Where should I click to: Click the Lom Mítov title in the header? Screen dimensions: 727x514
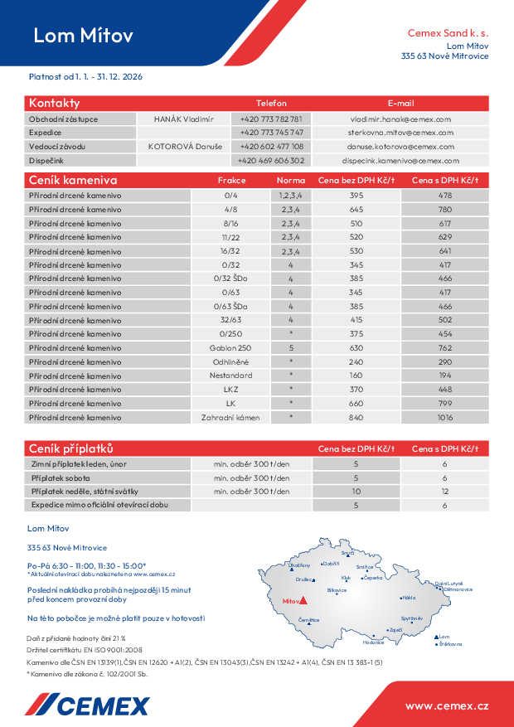click(83, 36)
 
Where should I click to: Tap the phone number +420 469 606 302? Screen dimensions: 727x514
click(271, 161)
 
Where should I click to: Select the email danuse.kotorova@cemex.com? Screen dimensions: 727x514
click(399, 147)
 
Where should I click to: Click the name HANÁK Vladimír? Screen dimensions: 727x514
click(183, 119)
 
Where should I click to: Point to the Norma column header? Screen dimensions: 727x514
click(290, 181)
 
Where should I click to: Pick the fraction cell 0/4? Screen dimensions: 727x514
click(230, 196)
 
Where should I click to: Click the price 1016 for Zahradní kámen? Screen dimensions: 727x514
click(445, 418)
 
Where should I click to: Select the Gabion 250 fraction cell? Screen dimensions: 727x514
click(230, 348)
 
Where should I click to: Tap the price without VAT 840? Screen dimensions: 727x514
click(356, 418)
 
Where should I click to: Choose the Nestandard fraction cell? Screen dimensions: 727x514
click(230, 376)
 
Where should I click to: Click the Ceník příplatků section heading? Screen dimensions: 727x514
click(70, 448)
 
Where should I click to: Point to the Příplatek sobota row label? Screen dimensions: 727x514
click(61, 478)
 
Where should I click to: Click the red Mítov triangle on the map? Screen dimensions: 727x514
click(303, 600)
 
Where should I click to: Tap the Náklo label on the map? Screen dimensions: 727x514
click(408, 598)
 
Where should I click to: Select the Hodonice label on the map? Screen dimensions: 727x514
click(373, 642)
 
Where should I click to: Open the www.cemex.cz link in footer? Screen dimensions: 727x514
click(447, 705)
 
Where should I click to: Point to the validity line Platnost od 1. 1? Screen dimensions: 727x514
click(86, 76)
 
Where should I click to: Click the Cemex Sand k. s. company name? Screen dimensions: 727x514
click(448, 33)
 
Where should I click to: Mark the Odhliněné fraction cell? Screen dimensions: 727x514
click(230, 362)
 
